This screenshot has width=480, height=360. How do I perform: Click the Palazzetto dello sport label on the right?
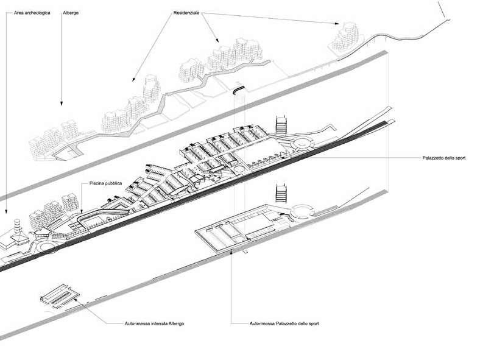pos(444,158)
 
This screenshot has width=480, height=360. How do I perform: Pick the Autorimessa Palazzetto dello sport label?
pos(284,323)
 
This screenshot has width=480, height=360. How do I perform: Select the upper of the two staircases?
pos(281,124)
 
